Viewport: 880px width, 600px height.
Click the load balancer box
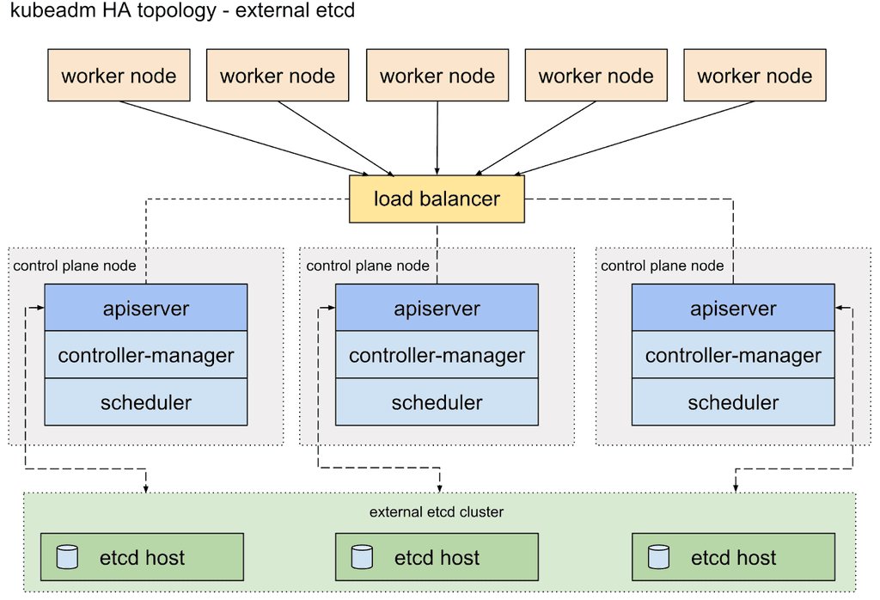tap(437, 199)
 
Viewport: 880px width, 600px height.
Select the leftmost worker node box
tap(119, 76)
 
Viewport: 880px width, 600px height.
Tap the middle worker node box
tap(437, 76)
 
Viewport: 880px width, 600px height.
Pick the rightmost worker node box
tap(755, 76)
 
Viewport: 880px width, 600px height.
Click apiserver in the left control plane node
tap(146, 309)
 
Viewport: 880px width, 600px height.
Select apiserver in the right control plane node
tap(733, 309)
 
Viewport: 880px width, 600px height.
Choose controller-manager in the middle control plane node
tap(437, 355)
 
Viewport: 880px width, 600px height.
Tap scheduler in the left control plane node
tap(146, 402)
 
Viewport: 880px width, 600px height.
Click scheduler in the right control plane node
tap(733, 402)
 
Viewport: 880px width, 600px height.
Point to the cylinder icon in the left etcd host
tap(67, 557)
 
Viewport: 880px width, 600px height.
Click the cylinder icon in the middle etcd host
tap(362, 557)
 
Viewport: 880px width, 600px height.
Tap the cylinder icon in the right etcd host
tap(659, 557)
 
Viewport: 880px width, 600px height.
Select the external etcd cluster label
tap(437, 512)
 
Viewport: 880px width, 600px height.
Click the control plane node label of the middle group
tap(368, 266)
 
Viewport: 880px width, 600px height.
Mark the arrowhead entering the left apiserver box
tap(40, 308)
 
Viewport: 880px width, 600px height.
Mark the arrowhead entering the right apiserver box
tap(840, 308)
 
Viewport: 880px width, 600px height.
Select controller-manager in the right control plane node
tap(733, 355)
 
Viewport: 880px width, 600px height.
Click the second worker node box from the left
tap(278, 76)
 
